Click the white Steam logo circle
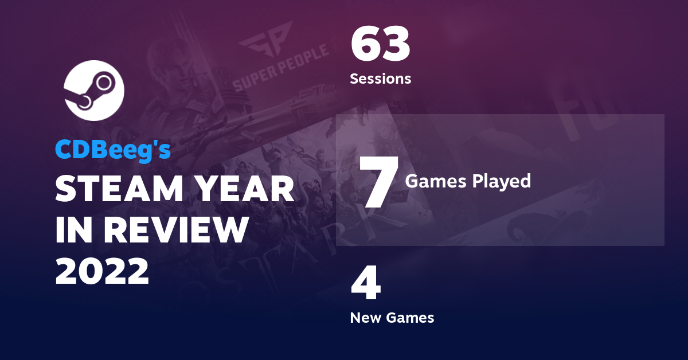click(93, 89)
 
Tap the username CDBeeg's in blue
click(113, 150)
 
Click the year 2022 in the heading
click(102, 271)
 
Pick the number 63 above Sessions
click(380, 45)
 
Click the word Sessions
click(380, 79)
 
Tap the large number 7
click(377, 181)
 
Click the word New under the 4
click(365, 318)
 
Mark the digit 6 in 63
click(366, 45)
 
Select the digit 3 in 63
click(396, 45)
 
